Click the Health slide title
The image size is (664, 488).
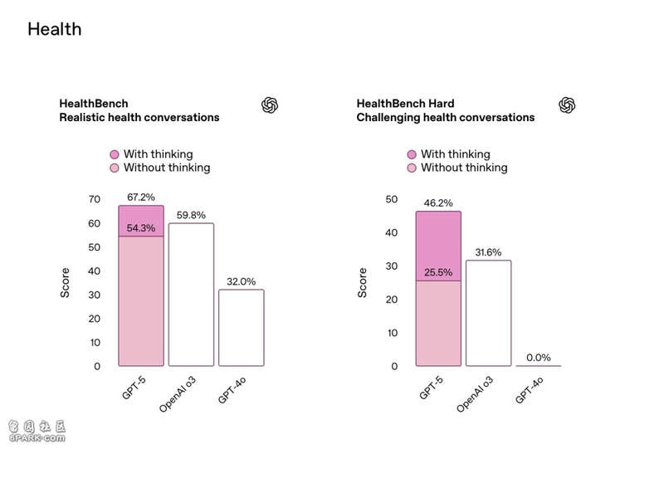pyautogui.click(x=55, y=29)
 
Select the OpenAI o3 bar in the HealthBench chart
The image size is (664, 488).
pyautogui.click(x=191, y=295)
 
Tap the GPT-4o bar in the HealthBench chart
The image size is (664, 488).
pyautogui.click(x=241, y=328)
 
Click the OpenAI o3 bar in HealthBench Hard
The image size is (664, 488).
pyautogui.click(x=488, y=313)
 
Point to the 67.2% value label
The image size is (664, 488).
pyautogui.click(x=141, y=197)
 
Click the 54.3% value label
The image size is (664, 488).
pyautogui.click(x=141, y=228)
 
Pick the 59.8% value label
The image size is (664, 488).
pyautogui.click(x=191, y=215)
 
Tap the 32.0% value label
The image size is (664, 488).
pyautogui.click(x=241, y=281)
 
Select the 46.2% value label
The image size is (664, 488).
pyautogui.click(x=438, y=202)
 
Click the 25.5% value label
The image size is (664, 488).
pyautogui.click(x=438, y=271)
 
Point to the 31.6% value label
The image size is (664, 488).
pyautogui.click(x=488, y=251)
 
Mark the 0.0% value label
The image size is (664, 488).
pyautogui.click(x=538, y=358)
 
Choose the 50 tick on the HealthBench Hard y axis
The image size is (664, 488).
pyautogui.click(x=393, y=200)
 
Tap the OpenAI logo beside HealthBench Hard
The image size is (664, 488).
pyautogui.click(x=568, y=105)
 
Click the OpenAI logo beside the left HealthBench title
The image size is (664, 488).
pyautogui.click(x=270, y=105)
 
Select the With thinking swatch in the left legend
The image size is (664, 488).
pyautogui.click(x=115, y=154)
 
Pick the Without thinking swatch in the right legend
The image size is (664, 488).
pyautogui.click(x=412, y=168)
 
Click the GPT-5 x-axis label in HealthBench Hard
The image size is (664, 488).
pyautogui.click(x=431, y=388)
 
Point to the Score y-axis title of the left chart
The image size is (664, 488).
pyautogui.click(x=66, y=282)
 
